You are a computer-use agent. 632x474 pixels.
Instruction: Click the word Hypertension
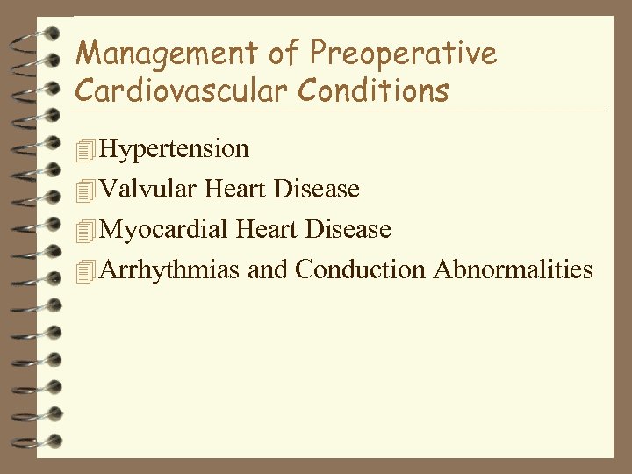click(175, 149)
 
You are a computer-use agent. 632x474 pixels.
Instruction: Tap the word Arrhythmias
click(170, 269)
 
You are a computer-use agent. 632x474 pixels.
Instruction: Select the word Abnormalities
click(513, 269)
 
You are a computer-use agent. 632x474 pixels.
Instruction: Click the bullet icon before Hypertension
click(84, 150)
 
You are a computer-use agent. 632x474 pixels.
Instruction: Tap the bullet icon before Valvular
click(84, 190)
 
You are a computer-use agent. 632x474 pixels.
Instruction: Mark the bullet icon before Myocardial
click(84, 230)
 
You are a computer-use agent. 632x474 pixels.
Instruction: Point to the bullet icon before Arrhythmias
click(84, 269)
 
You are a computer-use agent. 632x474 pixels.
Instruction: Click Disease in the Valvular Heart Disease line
click(317, 189)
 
